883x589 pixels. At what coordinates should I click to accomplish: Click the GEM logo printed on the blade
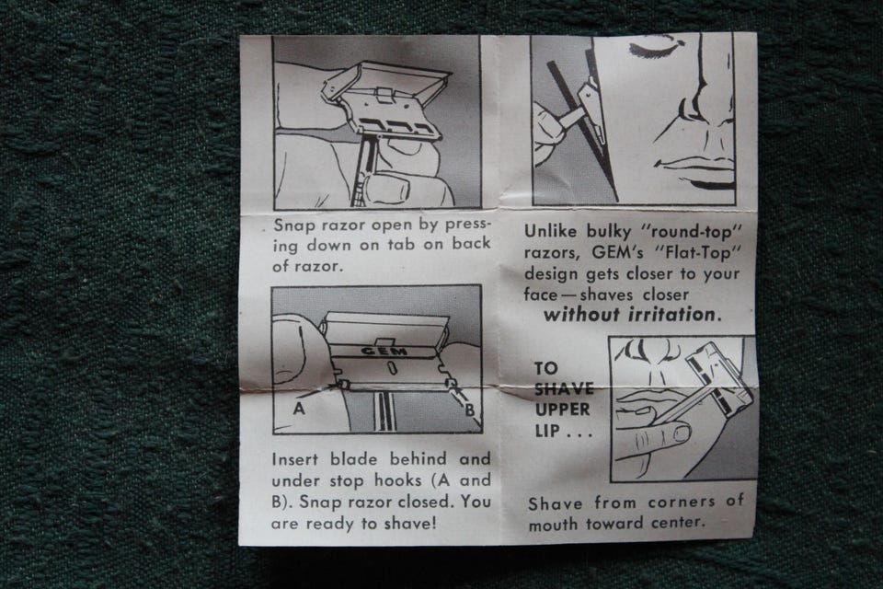384,352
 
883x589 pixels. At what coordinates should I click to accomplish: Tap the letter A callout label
299,408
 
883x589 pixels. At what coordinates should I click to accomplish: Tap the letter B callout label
469,410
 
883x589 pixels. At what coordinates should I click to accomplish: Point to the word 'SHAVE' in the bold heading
564,388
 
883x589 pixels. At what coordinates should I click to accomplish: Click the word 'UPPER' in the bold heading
563,410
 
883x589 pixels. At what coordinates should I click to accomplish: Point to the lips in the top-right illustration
698,172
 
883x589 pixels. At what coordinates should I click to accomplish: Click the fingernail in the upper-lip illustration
682,433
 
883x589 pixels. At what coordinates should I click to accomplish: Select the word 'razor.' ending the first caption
319,266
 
